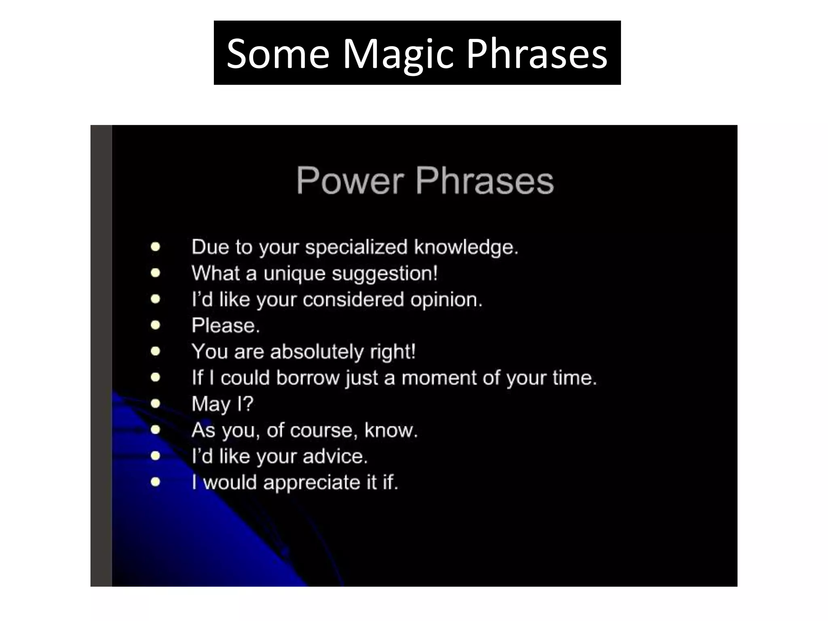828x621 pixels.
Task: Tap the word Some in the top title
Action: [278, 54]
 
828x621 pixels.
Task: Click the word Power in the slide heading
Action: [350, 181]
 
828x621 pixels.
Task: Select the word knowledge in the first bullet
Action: [465, 247]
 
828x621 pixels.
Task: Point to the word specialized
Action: [356, 247]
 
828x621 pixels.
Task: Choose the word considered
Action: [353, 300]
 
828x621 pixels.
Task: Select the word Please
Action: [225, 325]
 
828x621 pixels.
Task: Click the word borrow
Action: [308, 378]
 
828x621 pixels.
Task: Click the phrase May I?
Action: [222, 404]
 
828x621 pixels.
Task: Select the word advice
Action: [335, 456]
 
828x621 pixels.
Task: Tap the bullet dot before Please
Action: [155, 325]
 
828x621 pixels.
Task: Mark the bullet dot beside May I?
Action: [155, 403]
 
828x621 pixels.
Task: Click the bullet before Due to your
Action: [155, 247]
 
